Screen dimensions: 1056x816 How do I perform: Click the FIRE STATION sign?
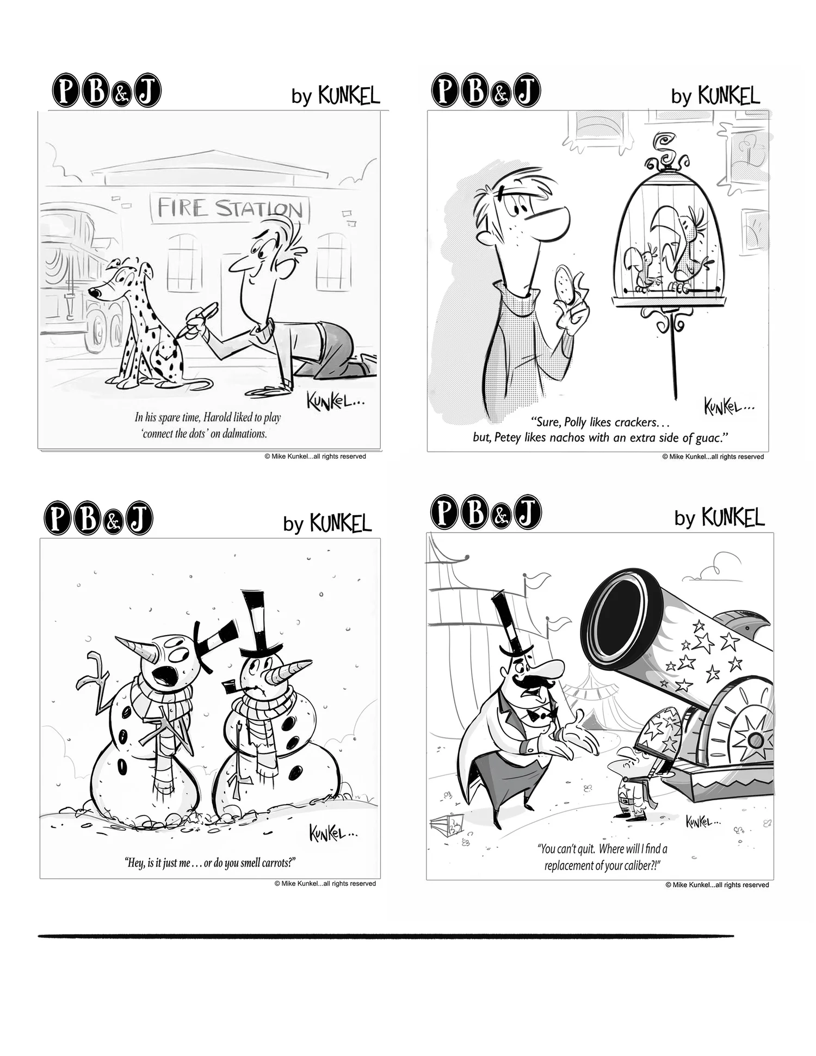(x=230, y=208)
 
